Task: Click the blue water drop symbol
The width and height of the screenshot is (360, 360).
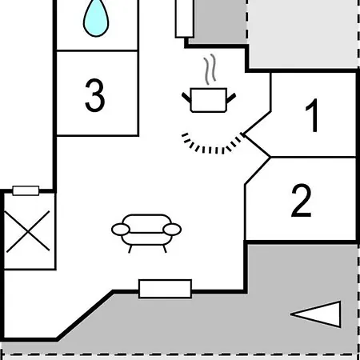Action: pos(96,18)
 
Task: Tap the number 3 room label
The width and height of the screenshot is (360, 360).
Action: pos(95,95)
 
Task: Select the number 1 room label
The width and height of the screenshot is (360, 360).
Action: pos(313,115)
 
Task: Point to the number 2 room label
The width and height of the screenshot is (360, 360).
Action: pos(302,200)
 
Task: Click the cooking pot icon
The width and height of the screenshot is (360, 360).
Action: pos(209,100)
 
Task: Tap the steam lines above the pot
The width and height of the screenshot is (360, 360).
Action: pos(210,70)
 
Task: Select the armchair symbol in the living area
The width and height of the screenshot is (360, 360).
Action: pos(146,233)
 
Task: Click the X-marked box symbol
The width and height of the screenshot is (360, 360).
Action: pos(28,231)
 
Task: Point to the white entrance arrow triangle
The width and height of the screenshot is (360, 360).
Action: pos(316,314)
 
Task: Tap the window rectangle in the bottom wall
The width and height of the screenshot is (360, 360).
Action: pos(165,289)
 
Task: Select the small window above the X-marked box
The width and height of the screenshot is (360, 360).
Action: pos(26,190)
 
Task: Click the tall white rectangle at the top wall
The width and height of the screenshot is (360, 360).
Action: pos(184,18)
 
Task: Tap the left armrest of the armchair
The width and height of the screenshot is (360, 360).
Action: pos(121,230)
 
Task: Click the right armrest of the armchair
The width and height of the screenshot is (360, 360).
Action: pos(172,230)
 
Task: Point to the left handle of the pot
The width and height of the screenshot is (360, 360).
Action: pos(186,98)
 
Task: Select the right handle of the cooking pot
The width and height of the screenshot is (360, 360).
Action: pos(231,98)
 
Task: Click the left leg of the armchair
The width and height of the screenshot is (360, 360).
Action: pos(130,249)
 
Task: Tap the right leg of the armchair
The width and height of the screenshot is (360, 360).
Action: pos(165,249)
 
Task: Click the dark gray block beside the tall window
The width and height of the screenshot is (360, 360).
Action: pos(218,22)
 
